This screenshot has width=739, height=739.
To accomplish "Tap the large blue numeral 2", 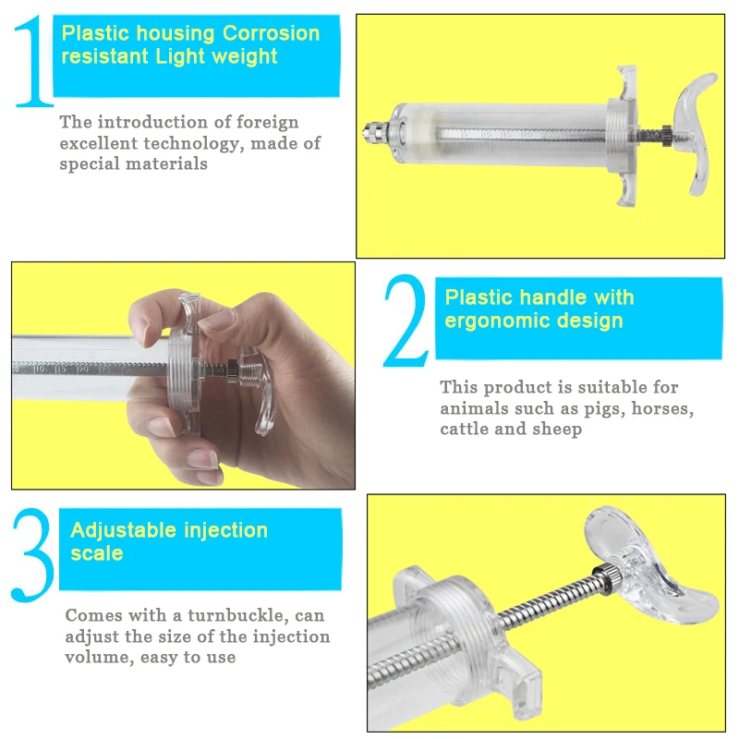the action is (406, 321).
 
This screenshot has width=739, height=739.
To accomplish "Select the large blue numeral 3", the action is (32, 555).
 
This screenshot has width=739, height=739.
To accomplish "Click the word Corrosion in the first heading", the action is (271, 33).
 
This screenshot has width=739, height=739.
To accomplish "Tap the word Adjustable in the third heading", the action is (124, 531).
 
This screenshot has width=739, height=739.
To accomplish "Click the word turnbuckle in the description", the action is (238, 615).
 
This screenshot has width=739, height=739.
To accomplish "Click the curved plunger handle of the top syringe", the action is (694, 133).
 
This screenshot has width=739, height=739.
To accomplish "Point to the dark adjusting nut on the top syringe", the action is (666, 136).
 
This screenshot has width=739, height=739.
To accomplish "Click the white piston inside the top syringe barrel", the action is (418, 133).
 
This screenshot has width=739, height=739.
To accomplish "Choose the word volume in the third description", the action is (100, 657).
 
